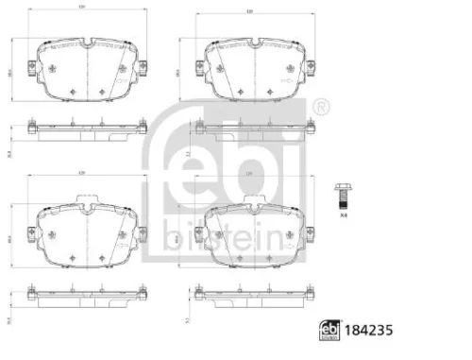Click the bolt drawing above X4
(342, 196)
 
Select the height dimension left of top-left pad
(10, 71)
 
